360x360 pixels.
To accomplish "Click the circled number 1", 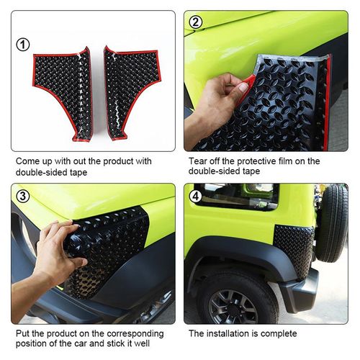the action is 23,45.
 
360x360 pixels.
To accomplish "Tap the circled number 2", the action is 196,22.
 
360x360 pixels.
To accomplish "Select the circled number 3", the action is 22,196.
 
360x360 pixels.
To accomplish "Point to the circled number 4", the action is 196,196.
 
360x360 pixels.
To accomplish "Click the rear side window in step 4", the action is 237,197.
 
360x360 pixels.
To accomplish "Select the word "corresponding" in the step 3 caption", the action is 135,334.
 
